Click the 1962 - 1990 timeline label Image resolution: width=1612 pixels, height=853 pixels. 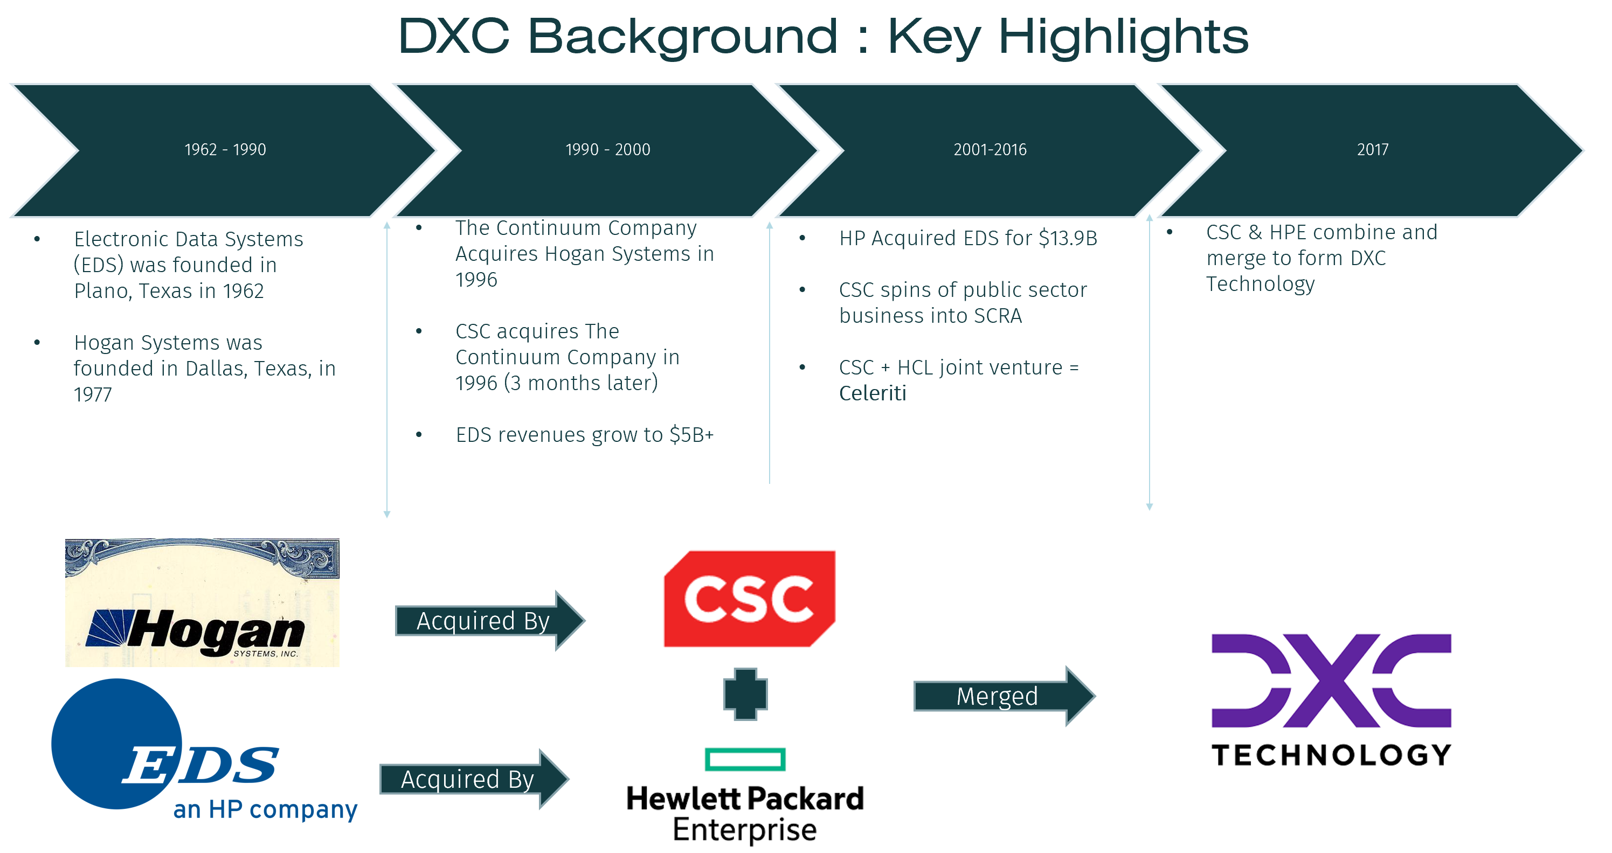[225, 150]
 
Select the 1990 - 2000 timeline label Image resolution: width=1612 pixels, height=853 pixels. [607, 150]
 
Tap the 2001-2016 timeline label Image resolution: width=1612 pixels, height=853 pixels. [990, 150]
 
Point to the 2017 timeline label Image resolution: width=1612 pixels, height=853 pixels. [1372, 150]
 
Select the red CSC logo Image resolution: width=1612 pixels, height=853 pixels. [749, 598]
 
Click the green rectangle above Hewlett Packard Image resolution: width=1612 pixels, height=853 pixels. [745, 759]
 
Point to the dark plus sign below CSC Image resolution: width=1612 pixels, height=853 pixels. [745, 694]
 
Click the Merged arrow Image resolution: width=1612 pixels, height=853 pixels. [1001, 696]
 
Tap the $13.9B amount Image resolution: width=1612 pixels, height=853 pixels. [1068, 238]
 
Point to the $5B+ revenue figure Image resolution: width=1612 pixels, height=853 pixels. [691, 434]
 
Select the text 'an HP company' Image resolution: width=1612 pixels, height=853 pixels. [265, 809]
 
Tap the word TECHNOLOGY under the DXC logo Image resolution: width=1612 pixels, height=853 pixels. [1331, 755]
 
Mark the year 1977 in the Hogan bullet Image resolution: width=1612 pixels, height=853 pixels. [93, 394]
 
